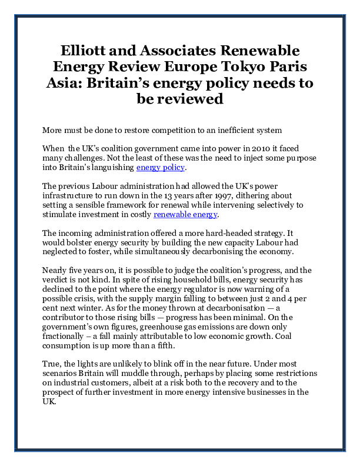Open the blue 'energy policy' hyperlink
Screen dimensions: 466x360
[161, 168]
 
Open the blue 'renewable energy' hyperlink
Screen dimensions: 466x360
[185, 215]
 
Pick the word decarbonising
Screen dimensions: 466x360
[213, 253]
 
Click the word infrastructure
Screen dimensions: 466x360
[71, 196]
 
